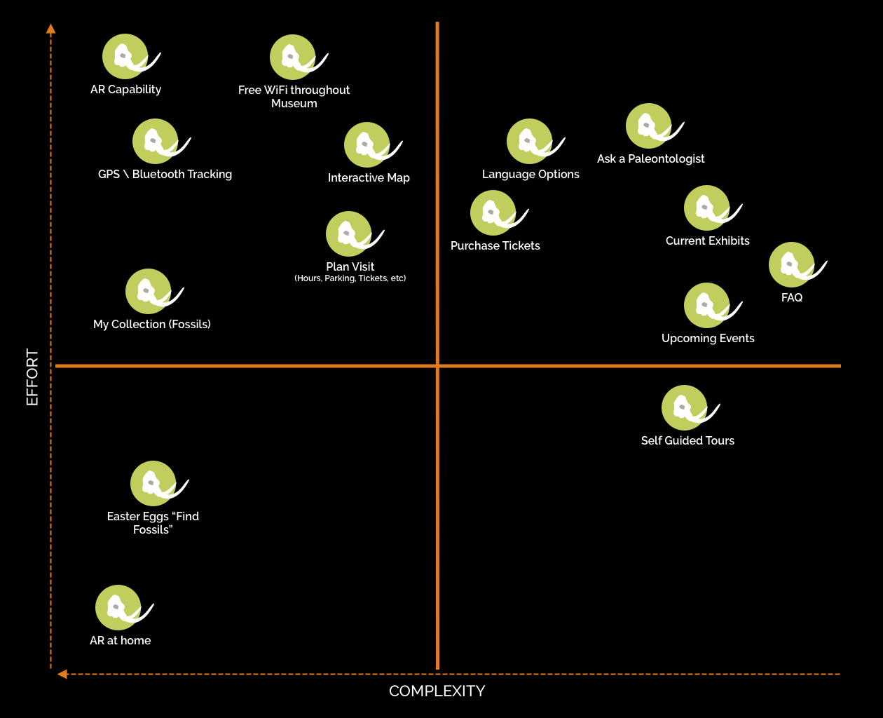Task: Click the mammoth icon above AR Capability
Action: point(125,57)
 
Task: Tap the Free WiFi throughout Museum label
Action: point(294,97)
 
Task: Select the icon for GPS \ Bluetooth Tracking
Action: point(156,142)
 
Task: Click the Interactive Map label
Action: point(369,178)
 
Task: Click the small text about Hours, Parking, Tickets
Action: point(350,278)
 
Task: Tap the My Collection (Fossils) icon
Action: point(149,292)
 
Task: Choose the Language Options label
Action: point(531,175)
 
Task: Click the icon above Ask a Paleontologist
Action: point(649,126)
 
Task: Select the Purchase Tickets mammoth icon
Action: point(493,213)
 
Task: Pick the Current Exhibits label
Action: point(707,241)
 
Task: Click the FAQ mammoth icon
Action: point(792,265)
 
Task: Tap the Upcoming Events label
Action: point(708,339)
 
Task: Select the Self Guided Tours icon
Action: point(685,408)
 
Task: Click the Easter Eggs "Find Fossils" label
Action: point(153,523)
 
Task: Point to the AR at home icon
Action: point(118,608)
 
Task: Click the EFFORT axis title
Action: point(32,377)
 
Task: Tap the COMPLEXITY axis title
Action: point(437,691)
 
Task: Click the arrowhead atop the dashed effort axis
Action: point(50,29)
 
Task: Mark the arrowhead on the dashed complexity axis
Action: point(62,674)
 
